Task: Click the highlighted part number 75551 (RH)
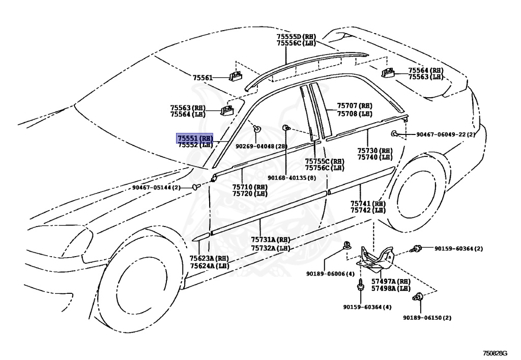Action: coord(194,138)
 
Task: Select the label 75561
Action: coord(202,78)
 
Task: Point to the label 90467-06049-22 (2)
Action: coord(445,134)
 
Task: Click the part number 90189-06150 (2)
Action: coord(427,318)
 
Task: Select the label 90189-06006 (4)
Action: coord(330,273)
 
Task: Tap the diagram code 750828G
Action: coord(498,353)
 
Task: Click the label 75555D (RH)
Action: coord(296,37)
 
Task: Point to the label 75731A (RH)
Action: coord(270,240)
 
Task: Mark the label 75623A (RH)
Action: coord(209,259)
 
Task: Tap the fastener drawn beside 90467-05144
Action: coord(196,187)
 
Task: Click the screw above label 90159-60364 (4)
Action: coord(360,286)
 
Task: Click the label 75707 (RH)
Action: coord(355,106)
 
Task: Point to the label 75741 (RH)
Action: coord(368,204)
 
